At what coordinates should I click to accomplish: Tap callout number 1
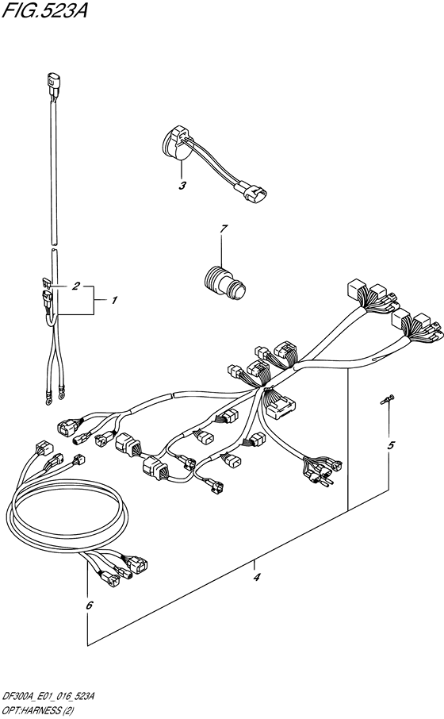point(114,301)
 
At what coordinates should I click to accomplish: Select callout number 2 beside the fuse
point(77,286)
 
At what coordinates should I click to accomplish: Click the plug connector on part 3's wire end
point(255,193)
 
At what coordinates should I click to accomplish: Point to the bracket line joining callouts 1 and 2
point(97,301)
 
